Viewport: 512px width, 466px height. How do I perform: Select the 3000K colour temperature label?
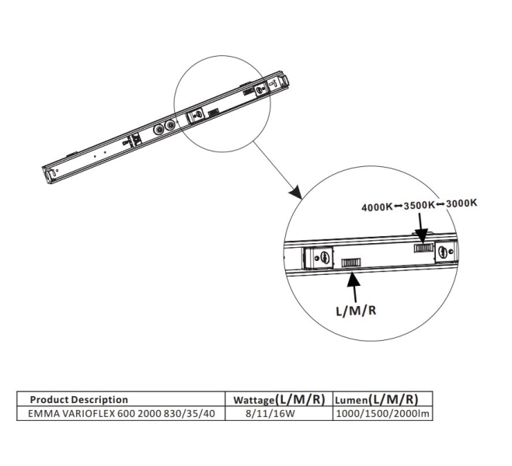click(x=461, y=204)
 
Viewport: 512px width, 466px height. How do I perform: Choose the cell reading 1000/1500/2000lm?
click(x=382, y=412)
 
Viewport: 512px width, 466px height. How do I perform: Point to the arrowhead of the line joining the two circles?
click(x=293, y=190)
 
